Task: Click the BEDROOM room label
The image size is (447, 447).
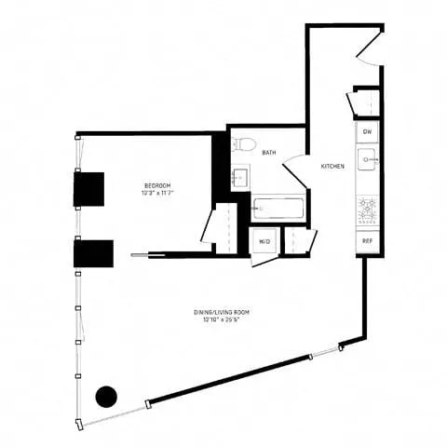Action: pyautogui.click(x=157, y=184)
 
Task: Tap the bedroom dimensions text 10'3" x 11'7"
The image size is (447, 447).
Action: pyautogui.click(x=157, y=193)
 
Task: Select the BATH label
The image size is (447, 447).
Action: pyautogui.click(x=268, y=153)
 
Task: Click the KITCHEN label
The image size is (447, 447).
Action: pyautogui.click(x=332, y=166)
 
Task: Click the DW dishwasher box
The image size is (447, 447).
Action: pyautogui.click(x=367, y=133)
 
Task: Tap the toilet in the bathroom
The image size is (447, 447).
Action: pyautogui.click(x=244, y=144)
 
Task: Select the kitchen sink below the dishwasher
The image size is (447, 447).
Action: pyautogui.click(x=367, y=160)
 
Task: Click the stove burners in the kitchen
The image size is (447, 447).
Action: pyautogui.click(x=367, y=211)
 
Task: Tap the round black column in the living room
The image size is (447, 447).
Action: pyautogui.click(x=108, y=397)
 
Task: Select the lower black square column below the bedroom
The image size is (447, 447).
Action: pyautogui.click(x=94, y=252)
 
